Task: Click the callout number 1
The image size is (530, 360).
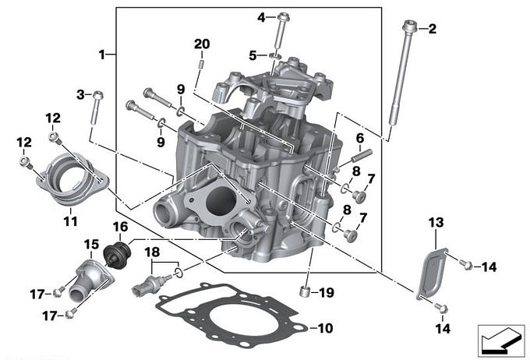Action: coord(101,54)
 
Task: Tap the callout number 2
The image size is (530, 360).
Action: coord(433,29)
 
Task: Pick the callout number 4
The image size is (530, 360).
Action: coord(260,16)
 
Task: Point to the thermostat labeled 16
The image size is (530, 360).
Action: coord(119,252)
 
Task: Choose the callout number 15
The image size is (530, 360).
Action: coord(91,244)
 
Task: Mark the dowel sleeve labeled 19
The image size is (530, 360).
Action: coord(306,293)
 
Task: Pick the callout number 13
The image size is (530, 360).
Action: coord(435,223)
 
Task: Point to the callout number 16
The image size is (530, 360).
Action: coord(120,227)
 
